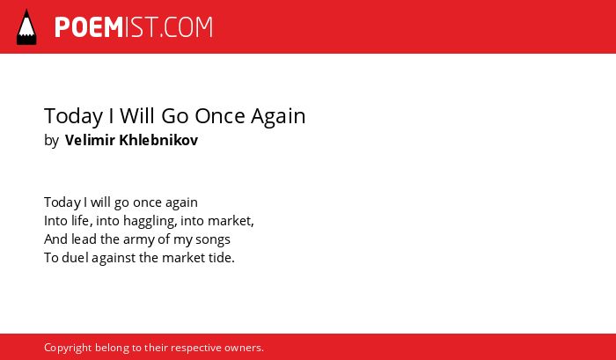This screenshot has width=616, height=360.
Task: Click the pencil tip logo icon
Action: tap(26, 27)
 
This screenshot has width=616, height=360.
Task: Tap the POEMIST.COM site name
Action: tap(134, 27)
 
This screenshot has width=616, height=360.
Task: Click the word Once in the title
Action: tap(220, 115)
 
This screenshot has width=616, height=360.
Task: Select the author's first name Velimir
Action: tap(90, 140)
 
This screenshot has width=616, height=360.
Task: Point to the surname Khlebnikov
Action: tap(158, 140)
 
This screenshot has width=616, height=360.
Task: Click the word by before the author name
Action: tap(51, 141)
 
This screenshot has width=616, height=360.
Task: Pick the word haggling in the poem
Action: tap(150, 221)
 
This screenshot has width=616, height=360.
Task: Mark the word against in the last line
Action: tap(114, 258)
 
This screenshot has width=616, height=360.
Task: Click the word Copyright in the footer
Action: tap(68, 349)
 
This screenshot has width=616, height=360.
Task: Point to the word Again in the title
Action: tap(278, 117)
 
